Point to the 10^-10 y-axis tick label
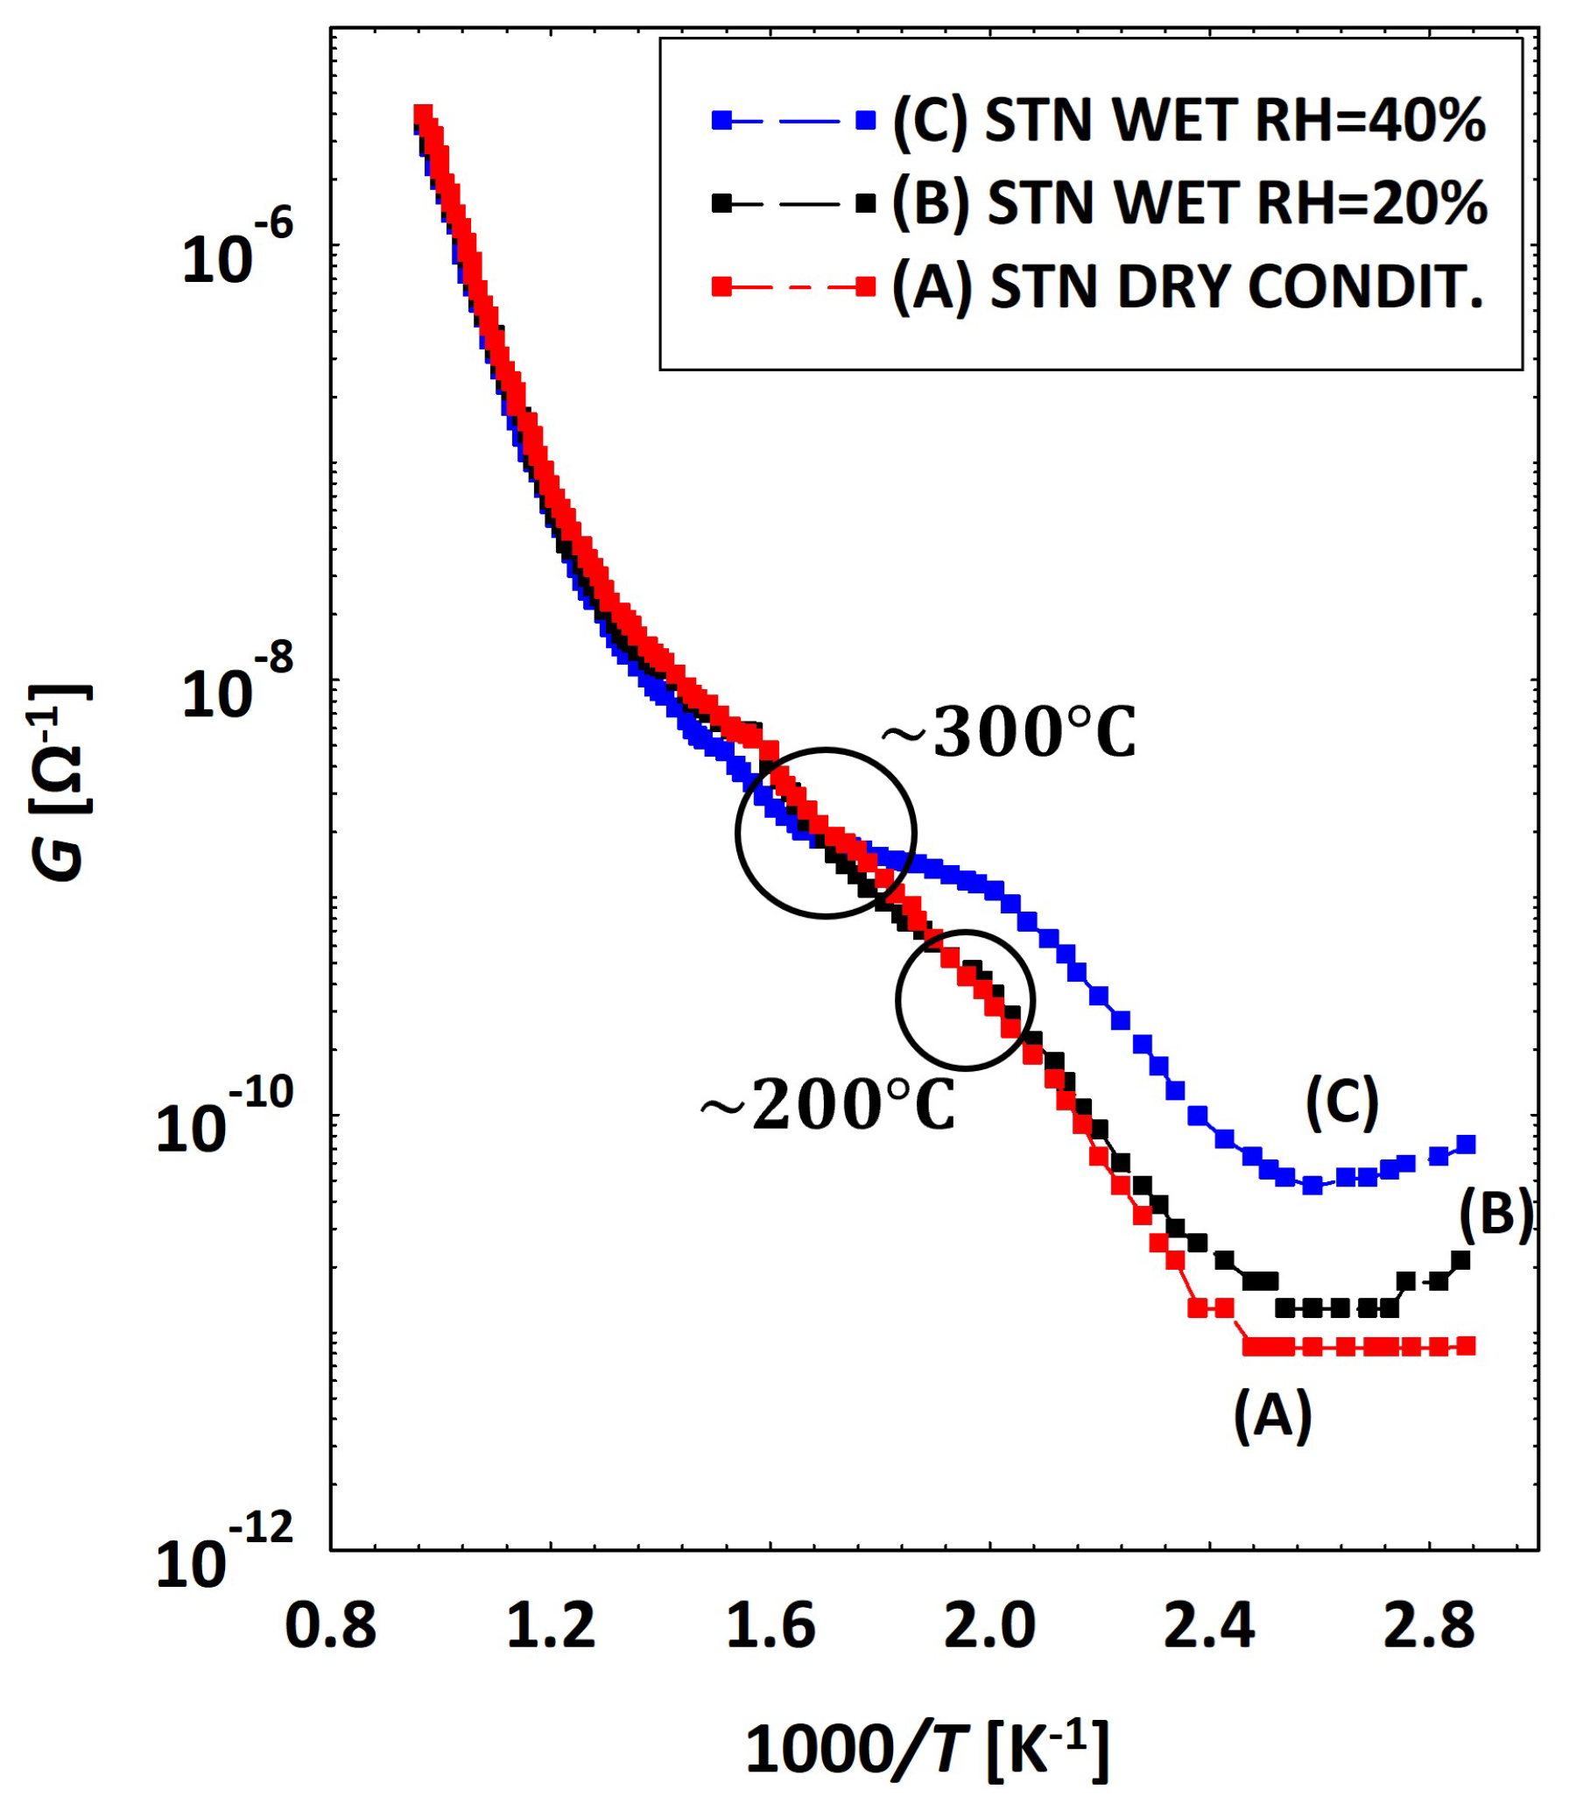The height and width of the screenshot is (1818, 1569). tap(224, 1121)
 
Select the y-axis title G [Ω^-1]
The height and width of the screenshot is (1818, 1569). tap(61, 781)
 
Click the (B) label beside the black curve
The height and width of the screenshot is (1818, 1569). tap(1496, 1216)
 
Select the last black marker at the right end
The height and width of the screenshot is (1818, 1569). tap(1460, 1261)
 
